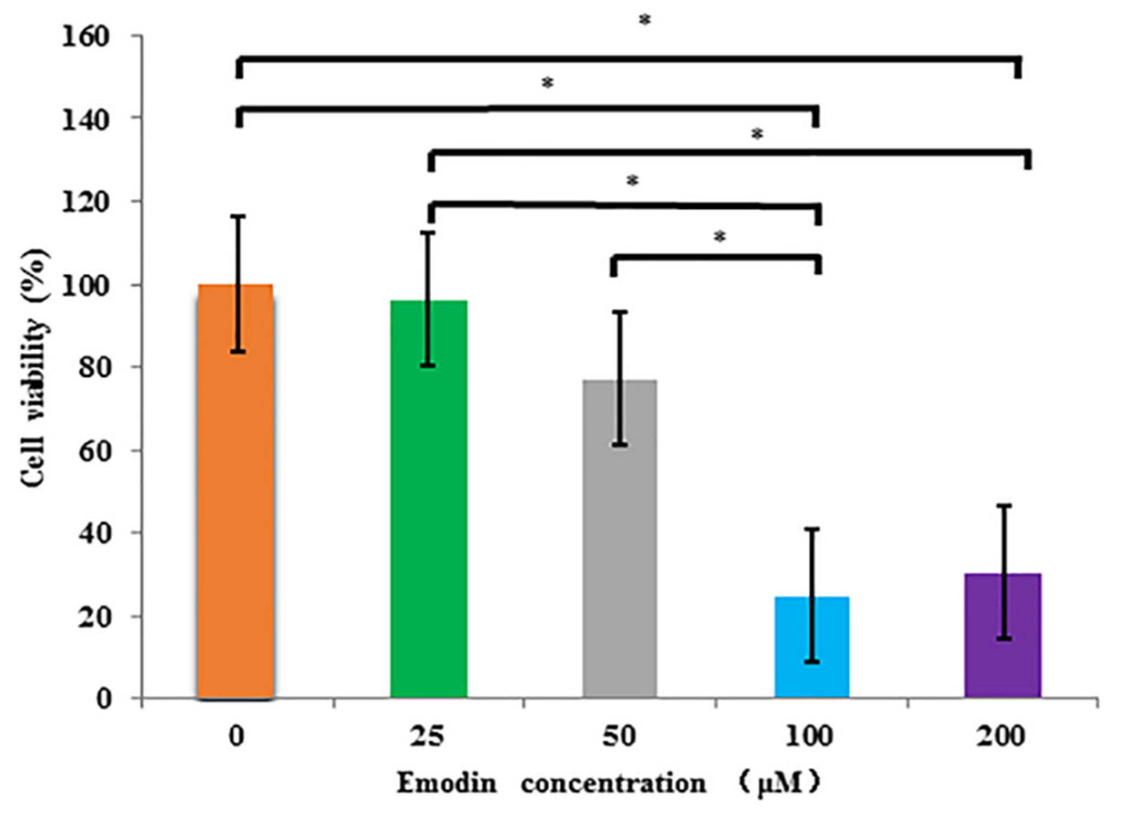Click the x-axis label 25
pyautogui.click(x=427, y=737)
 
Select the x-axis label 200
pyautogui.click(x=1001, y=737)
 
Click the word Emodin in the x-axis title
pyautogui.click(x=446, y=783)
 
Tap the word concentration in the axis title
pyautogui.click(x=613, y=783)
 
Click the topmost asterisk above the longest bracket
pyautogui.click(x=644, y=21)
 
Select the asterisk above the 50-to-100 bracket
pyautogui.click(x=720, y=237)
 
